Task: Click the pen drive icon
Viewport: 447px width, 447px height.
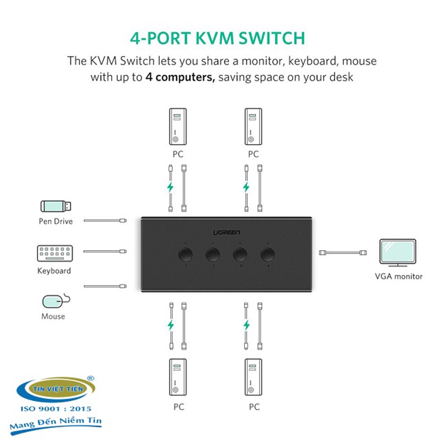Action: tap(56, 205)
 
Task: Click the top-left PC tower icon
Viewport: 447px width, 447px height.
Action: tap(178, 127)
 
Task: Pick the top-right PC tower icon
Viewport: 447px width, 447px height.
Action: tap(253, 127)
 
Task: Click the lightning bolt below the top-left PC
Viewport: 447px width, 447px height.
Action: tap(170, 187)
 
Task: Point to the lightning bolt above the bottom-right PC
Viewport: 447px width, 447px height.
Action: tap(247, 325)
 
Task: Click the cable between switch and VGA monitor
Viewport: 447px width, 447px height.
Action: tap(343, 252)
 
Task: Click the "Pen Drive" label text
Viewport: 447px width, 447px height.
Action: tap(56, 221)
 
